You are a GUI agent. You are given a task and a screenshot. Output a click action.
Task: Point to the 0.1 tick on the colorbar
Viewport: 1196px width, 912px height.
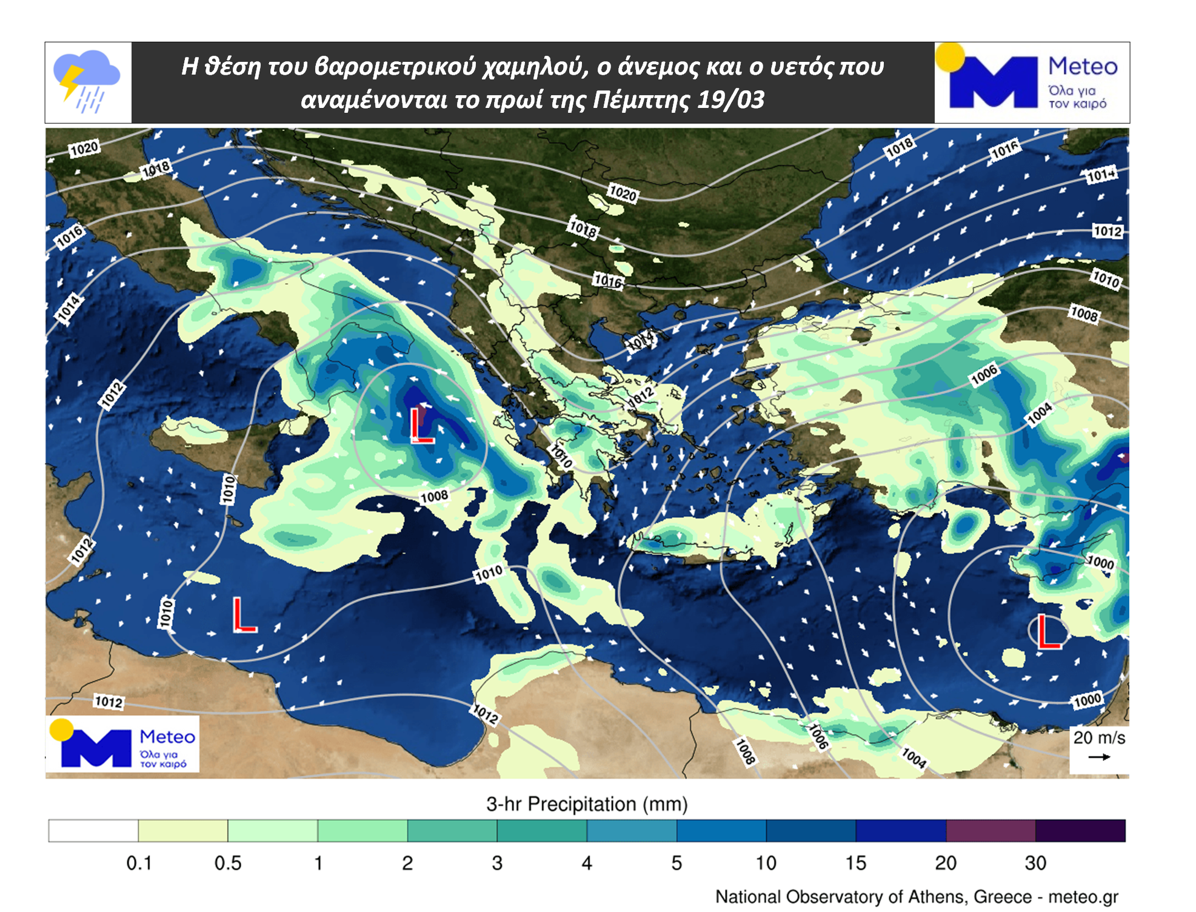pos(139,863)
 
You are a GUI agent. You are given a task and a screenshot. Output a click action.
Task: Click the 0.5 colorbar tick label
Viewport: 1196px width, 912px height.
pos(228,863)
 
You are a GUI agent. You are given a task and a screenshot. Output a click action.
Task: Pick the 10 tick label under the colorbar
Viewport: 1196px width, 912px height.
pos(766,863)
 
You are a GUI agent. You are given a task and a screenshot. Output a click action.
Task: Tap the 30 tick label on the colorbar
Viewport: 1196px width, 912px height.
pos(1035,863)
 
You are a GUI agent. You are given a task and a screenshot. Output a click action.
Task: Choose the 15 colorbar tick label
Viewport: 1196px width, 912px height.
pos(855,863)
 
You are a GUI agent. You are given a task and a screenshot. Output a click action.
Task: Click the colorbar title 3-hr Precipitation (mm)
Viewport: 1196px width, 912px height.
pos(587,804)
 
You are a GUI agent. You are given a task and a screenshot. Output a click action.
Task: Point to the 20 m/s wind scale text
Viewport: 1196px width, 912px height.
pos(1099,738)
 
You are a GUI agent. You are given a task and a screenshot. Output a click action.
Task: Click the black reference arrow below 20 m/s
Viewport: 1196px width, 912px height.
pos(1099,757)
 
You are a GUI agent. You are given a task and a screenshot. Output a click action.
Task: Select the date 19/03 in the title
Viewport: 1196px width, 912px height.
pos(730,99)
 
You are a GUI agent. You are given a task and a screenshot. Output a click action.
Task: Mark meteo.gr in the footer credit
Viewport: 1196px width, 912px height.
pos(1083,897)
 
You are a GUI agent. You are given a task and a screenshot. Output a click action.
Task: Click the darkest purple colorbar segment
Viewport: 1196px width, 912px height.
pos(1080,831)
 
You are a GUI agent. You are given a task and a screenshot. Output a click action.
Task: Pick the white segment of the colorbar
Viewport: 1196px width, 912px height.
pos(93,831)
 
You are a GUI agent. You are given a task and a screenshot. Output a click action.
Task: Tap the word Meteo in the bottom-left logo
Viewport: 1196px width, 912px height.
pos(167,737)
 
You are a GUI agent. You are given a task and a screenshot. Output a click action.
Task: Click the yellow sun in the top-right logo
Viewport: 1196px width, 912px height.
pos(950,57)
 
